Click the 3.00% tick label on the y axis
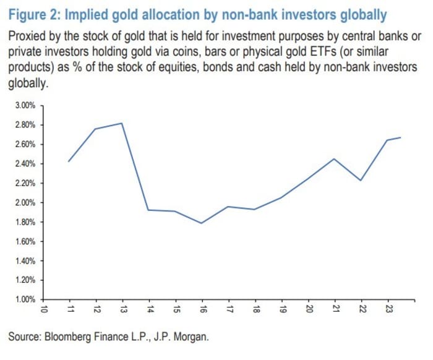click(x=24, y=106)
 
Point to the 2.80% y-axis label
click(x=24, y=125)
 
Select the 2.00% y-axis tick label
click(x=24, y=202)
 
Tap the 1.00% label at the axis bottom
click(x=24, y=299)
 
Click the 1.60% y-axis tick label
click(x=24, y=241)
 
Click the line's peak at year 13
click(x=122, y=123)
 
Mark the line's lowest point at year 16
click(x=202, y=223)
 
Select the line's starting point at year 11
click(x=69, y=161)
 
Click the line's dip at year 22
click(x=361, y=180)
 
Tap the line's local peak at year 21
click(x=334, y=159)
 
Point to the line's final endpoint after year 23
click(x=401, y=137)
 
